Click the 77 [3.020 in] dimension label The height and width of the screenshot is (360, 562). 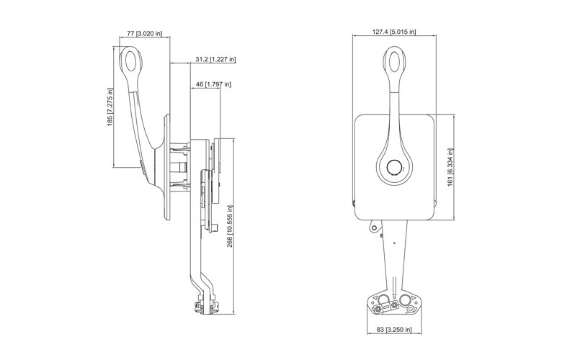point(144,34)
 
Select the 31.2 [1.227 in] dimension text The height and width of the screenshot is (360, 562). point(215,59)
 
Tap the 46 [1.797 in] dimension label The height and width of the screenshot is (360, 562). point(213,84)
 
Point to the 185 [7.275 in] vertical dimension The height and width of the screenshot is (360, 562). point(110,107)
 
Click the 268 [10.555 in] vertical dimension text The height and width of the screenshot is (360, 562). point(230,226)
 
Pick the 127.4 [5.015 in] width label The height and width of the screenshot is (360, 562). point(394,32)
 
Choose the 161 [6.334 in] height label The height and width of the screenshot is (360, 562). point(450,168)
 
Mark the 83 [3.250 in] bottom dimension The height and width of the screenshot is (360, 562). point(394,329)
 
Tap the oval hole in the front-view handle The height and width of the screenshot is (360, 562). point(395,62)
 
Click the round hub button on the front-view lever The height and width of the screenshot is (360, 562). point(394,167)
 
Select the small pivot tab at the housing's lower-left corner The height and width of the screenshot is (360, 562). point(374,227)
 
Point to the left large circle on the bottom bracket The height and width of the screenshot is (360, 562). point(383,300)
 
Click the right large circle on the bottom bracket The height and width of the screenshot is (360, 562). point(406,300)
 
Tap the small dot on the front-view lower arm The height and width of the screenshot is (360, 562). point(394,243)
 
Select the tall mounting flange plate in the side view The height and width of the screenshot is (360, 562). point(167,167)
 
